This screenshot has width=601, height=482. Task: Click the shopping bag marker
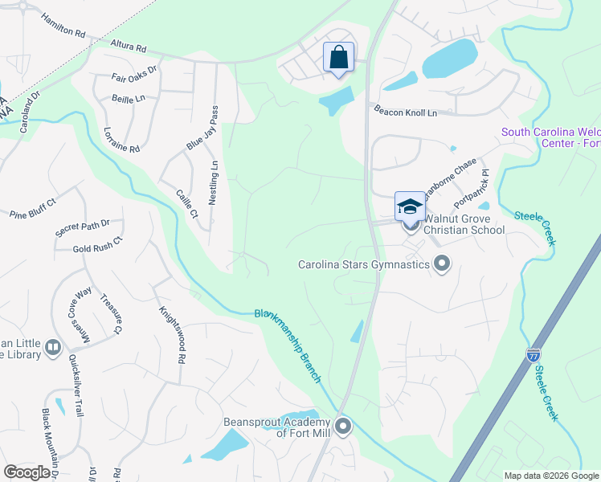pos(339,58)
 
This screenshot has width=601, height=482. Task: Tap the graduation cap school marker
pos(410,206)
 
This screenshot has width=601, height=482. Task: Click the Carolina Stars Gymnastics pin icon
pos(441,263)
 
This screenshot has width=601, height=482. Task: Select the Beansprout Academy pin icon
pos(343,426)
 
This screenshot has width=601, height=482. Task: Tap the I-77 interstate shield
pos(534,354)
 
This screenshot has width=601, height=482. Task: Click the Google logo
pos(27,472)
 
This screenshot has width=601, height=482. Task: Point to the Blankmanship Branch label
pos(288,345)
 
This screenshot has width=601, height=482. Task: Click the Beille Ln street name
pos(129,97)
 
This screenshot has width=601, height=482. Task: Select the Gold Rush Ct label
pos(96,245)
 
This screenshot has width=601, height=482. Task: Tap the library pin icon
pos(53,347)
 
